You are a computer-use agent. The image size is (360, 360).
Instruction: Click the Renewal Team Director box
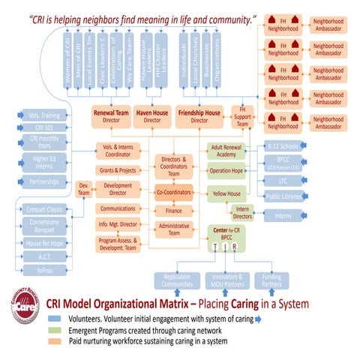click(112, 115)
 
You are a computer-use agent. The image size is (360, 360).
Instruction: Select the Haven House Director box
click(152, 115)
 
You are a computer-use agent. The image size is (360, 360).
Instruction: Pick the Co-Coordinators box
click(174, 192)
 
